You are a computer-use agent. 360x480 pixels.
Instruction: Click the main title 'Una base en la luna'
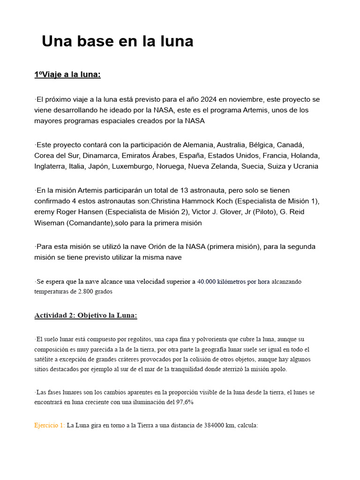[x=117, y=41]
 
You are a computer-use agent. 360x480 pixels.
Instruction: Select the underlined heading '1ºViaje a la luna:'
[x=67, y=75]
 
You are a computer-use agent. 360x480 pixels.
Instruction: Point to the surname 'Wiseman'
[x=49, y=223]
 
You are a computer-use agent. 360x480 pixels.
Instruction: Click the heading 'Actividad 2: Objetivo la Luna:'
[x=86, y=315]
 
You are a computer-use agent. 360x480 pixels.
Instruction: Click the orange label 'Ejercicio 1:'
[x=49, y=426]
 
